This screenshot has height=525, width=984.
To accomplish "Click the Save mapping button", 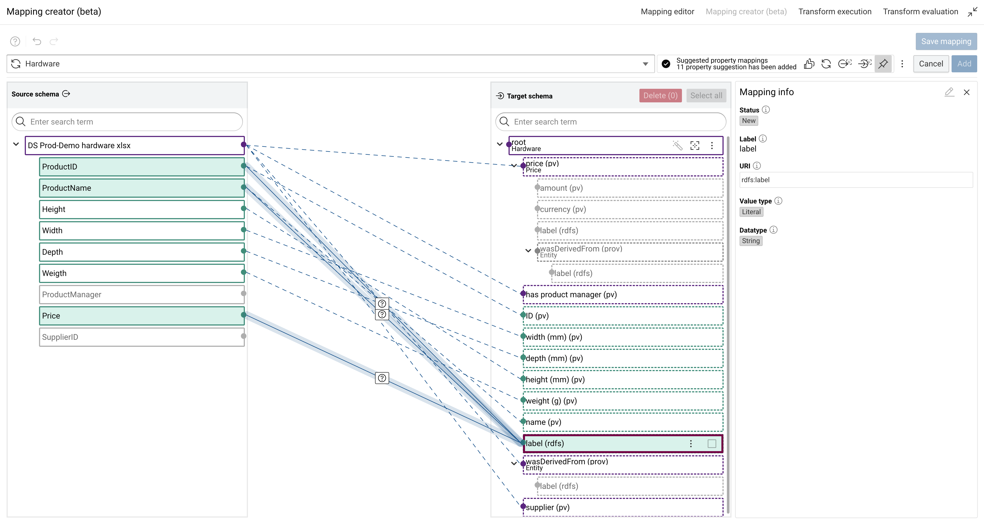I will coord(946,41).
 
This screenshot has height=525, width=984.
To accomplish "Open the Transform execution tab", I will coord(835,11).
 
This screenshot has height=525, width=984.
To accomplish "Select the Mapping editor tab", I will coord(667,11).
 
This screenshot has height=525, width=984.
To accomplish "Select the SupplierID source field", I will coord(141,337).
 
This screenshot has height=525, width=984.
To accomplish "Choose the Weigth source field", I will coord(141,273).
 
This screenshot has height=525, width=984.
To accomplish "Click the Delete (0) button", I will coord(660,96).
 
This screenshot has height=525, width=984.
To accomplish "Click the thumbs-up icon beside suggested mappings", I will coord(809,64).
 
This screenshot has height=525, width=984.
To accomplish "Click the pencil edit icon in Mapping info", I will coord(949,92).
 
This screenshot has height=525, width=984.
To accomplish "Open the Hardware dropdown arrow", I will coord(645,64).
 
